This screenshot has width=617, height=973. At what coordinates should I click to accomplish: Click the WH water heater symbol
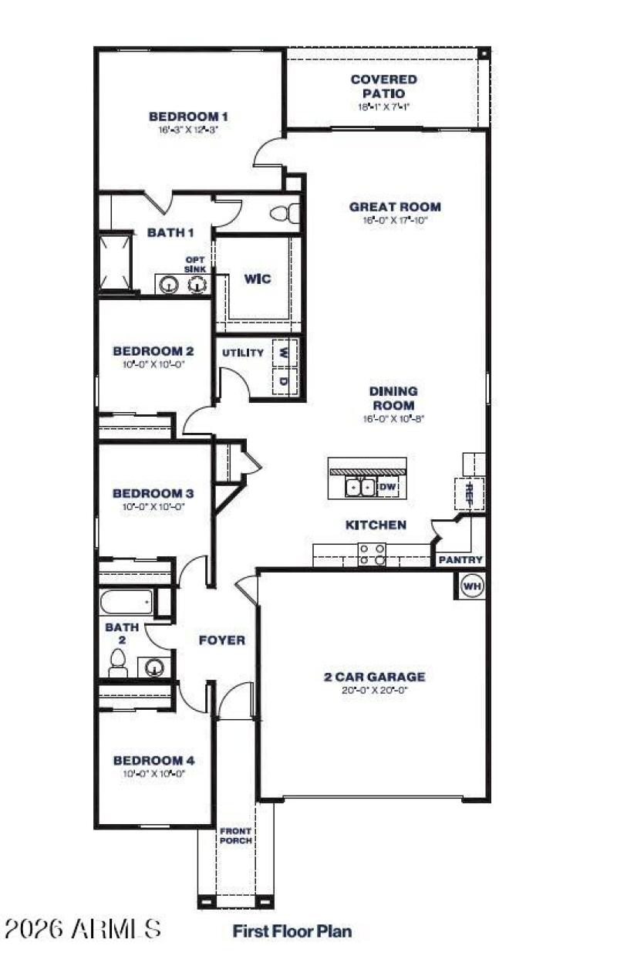[x=472, y=586]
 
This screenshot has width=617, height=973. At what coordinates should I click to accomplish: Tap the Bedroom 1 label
[x=188, y=117]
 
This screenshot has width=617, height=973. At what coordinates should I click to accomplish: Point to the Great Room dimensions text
[x=395, y=220]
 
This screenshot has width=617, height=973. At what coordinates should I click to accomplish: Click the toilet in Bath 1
[x=286, y=213]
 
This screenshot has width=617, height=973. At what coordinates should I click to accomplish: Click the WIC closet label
[x=258, y=279]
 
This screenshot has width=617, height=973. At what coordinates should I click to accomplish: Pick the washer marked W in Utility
[x=285, y=352]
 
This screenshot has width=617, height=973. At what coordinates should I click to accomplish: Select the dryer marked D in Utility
[x=285, y=381]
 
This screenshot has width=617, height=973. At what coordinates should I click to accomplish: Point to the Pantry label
[x=460, y=559]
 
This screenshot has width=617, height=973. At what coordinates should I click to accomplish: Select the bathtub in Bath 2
[x=126, y=601]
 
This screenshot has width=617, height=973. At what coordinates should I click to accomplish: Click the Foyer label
[x=222, y=640]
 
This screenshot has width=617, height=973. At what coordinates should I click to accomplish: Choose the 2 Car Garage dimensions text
[x=374, y=691]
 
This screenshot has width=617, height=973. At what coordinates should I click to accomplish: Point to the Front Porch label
[x=235, y=836]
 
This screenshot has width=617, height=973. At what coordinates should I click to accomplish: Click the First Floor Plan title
[x=292, y=931]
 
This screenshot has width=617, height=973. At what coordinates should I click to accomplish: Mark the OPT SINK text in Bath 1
[x=195, y=265]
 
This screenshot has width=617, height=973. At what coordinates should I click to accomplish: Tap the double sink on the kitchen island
[x=360, y=487]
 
